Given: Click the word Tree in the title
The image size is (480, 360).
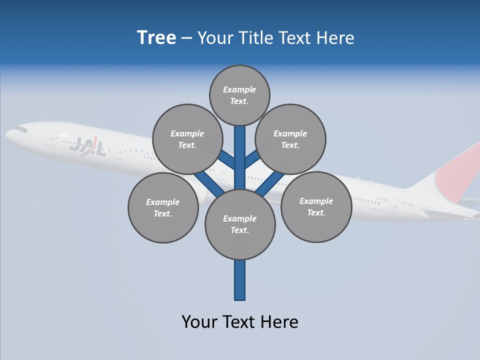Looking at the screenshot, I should (156, 38).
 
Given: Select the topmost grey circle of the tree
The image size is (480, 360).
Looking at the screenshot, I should (239, 95).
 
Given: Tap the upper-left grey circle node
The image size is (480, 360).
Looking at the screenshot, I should (187, 139).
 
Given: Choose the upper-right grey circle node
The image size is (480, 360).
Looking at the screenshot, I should (290, 139).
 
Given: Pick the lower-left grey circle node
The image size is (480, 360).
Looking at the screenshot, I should (162, 207).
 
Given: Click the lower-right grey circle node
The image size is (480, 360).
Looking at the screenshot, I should (316, 206).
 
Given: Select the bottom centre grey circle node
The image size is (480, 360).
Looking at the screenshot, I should (240, 224).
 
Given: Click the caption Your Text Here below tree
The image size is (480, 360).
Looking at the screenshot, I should (240, 321).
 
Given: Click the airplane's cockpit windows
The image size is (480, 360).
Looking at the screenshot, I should (21, 129).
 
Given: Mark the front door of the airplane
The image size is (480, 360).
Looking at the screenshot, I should (50, 138).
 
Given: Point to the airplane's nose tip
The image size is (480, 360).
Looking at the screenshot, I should (7, 134).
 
